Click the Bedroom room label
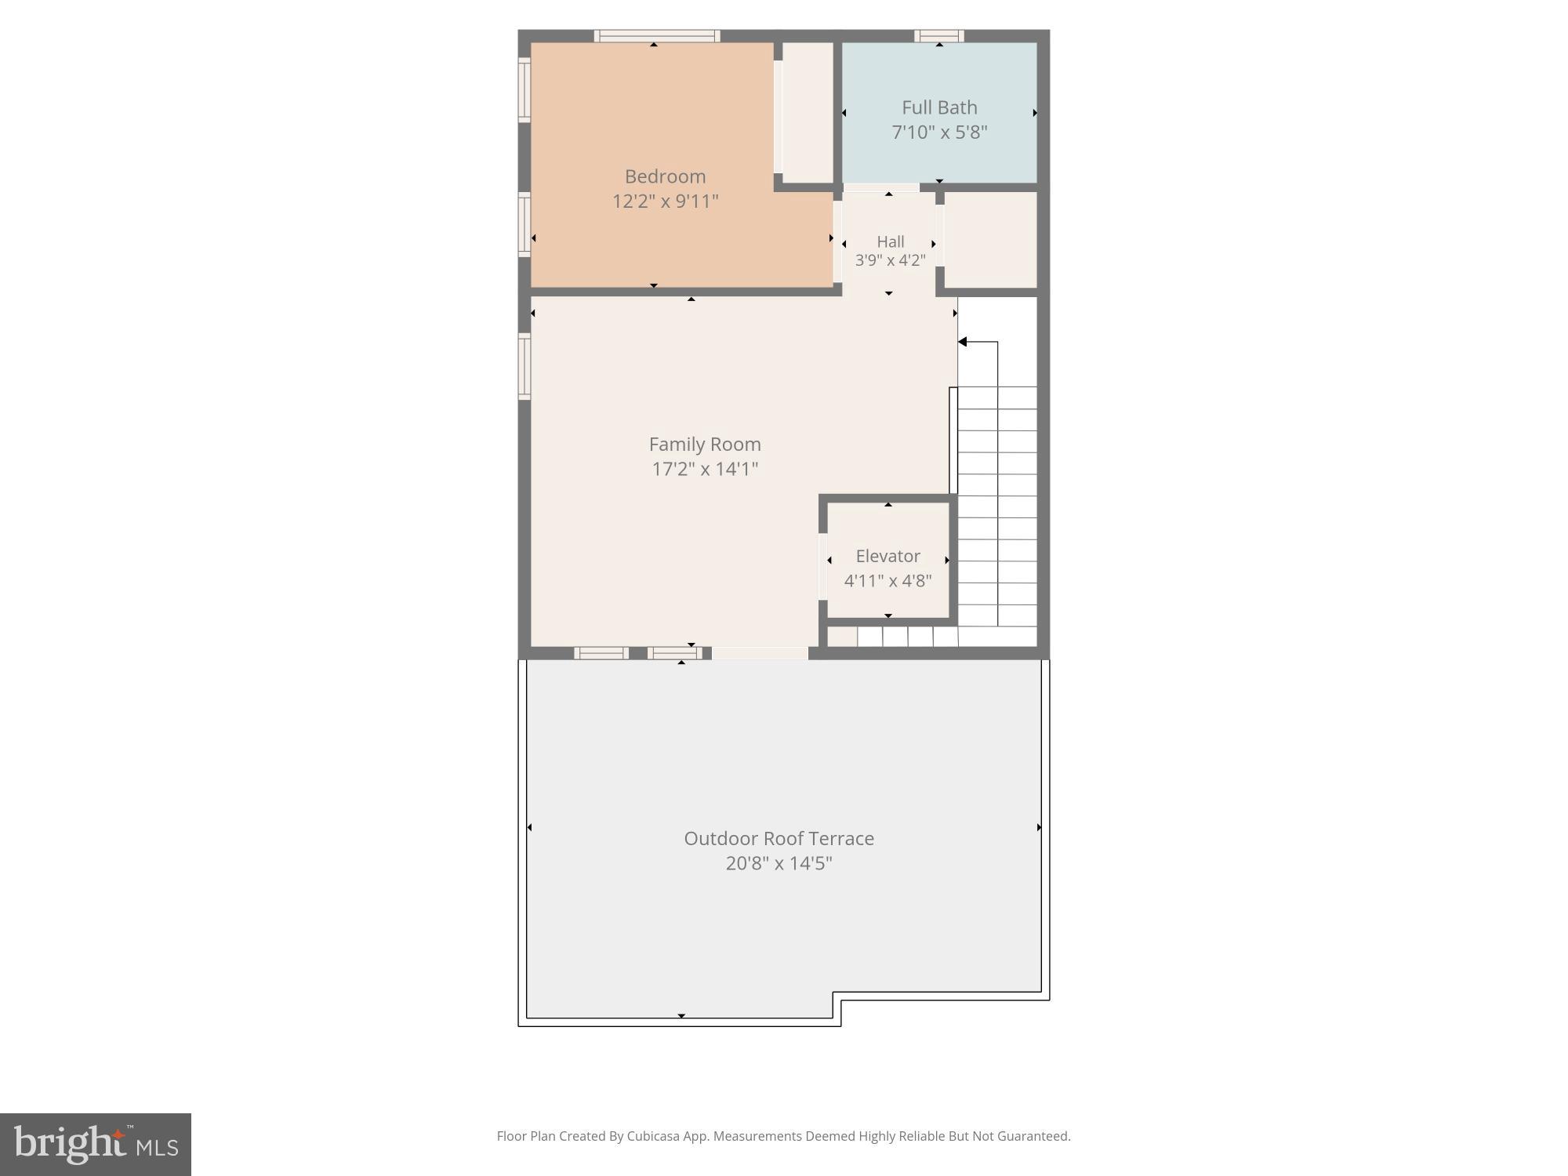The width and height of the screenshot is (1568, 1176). coord(665,176)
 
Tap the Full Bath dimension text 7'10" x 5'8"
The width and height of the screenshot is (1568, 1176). coord(939,132)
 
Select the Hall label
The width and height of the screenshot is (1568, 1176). coord(890,241)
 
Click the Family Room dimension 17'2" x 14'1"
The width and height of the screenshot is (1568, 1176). coord(705,469)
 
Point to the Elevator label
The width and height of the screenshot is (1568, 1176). coord(887,556)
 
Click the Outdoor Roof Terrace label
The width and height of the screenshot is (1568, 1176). coord(779,838)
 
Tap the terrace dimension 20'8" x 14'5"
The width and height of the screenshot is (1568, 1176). coord(779,863)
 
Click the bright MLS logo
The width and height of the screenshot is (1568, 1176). coord(95,1144)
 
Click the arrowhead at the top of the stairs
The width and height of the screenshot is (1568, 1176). coord(963,342)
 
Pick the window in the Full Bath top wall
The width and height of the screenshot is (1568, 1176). coord(938,35)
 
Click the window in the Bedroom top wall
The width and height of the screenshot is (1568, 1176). coord(656,35)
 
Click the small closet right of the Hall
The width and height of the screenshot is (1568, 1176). coord(989,240)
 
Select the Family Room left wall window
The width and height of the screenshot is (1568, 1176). coord(524,365)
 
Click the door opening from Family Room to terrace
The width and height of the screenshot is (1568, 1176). coord(759,653)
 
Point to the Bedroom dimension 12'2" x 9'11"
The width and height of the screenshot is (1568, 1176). coord(665,201)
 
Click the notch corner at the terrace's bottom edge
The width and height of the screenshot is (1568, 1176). coord(837,996)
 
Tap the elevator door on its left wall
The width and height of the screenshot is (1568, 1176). coord(823,566)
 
